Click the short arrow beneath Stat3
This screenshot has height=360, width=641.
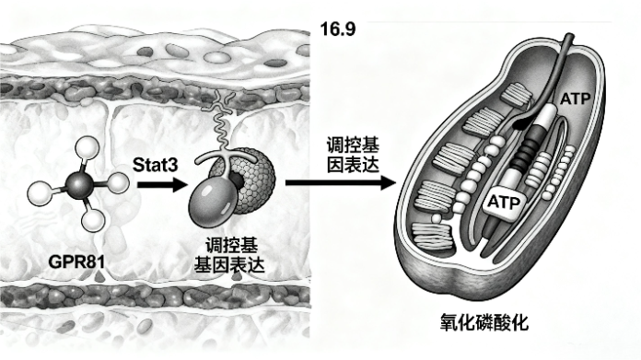click(160, 184)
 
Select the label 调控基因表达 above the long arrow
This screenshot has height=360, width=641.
click(350, 155)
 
